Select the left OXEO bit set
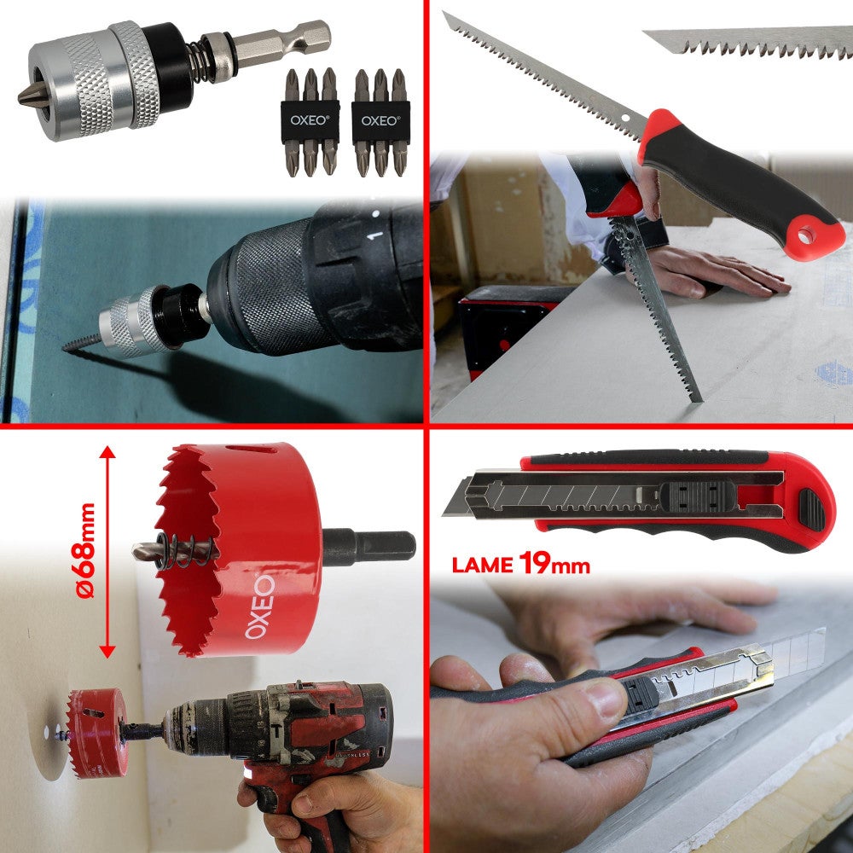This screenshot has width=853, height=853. pos(310,121)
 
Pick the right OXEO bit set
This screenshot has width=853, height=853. pos(380,121)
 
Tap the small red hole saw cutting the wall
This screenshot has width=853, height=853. pos(96,732)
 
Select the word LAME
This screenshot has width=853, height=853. pos(482,565)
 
